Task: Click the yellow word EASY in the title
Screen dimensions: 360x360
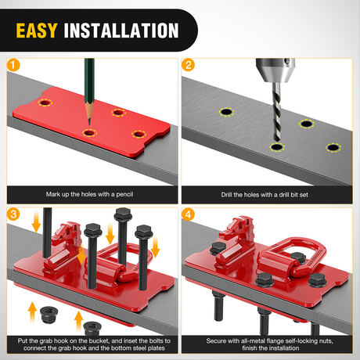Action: click(x=36, y=31)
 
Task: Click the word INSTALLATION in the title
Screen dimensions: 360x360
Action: click(x=121, y=31)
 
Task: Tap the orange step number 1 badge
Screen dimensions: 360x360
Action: click(x=13, y=65)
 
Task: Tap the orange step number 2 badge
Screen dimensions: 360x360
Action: click(x=188, y=65)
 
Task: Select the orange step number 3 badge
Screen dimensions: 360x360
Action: click(x=13, y=214)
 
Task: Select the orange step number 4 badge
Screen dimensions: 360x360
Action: click(x=188, y=214)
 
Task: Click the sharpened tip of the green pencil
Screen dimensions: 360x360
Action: click(x=89, y=124)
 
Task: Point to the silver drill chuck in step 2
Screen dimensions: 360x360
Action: click(x=275, y=70)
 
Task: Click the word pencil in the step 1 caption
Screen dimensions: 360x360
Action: click(x=124, y=194)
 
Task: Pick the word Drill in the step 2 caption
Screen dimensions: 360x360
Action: click(x=227, y=195)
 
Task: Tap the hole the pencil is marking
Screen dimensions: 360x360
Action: click(x=89, y=133)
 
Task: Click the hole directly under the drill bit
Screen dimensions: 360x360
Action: click(x=277, y=147)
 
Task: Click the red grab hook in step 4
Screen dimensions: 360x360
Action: click(x=235, y=244)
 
